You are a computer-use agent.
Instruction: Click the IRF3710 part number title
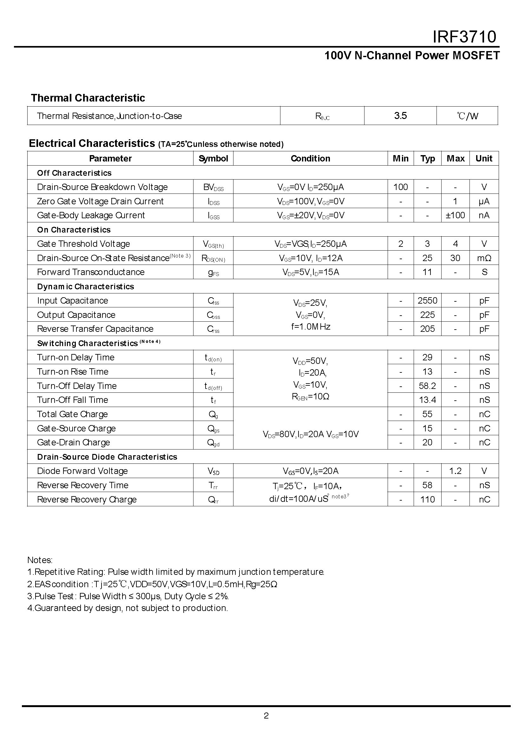pyautogui.click(x=464, y=36)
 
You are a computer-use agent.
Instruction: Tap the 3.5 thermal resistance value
pyautogui.click(x=400, y=116)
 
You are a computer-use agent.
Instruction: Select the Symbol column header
pyautogui.click(x=213, y=158)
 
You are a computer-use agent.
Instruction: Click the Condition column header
pyautogui.click(x=310, y=158)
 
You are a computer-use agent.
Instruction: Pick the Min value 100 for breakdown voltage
pyautogui.click(x=401, y=187)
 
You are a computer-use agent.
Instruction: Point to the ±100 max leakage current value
pyautogui.click(x=455, y=215)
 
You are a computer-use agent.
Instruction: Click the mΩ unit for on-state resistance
pyautogui.click(x=484, y=258)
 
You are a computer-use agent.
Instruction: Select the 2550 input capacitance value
pyautogui.click(x=427, y=301)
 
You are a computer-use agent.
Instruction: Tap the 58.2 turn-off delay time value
pyautogui.click(x=427, y=386)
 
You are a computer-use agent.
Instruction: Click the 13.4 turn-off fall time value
pyautogui.click(x=427, y=400)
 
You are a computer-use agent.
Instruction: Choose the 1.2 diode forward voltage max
pyautogui.click(x=455, y=471)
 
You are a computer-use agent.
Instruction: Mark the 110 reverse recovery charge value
pyautogui.click(x=427, y=500)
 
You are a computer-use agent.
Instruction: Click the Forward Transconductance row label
pyautogui.click(x=91, y=272)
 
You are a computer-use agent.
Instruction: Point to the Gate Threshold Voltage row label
pyautogui.click(x=83, y=244)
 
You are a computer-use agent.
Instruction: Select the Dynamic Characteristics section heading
pyautogui.click(x=85, y=286)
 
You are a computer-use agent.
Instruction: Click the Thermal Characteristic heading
pyautogui.click(x=88, y=98)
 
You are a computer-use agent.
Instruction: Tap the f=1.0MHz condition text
pyautogui.click(x=310, y=327)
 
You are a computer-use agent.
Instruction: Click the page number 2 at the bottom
pyautogui.click(x=266, y=716)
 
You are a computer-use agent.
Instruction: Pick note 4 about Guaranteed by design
pyautogui.click(x=128, y=608)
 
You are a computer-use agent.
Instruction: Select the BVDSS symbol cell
pyautogui.click(x=213, y=187)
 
